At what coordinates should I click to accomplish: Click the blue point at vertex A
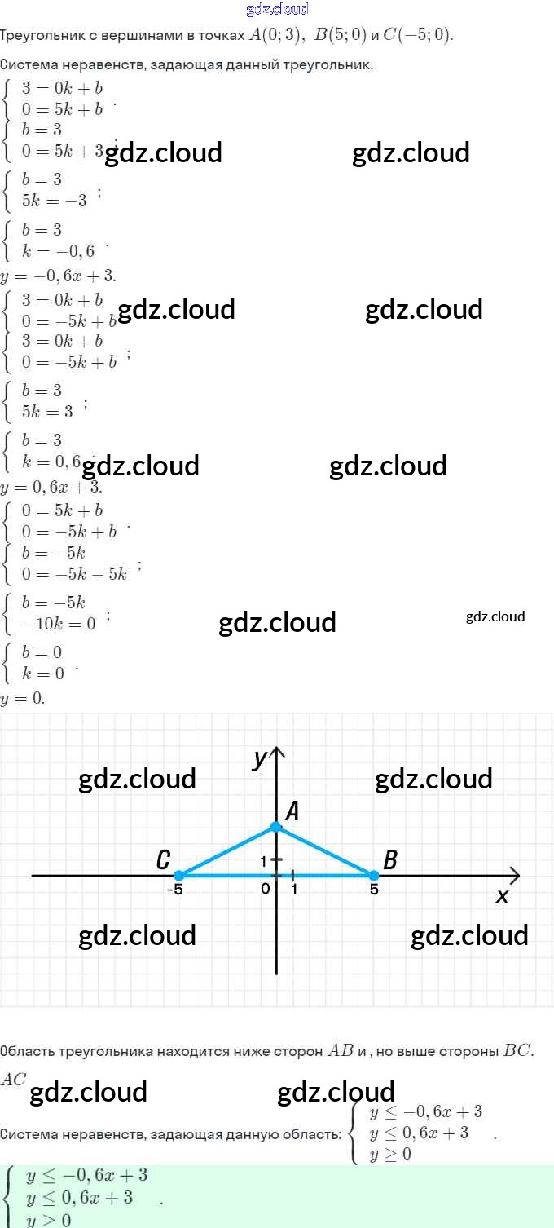(x=276, y=827)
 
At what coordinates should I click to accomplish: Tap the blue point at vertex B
(x=374, y=876)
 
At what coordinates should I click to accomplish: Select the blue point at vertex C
(x=179, y=876)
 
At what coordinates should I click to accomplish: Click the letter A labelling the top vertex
(x=292, y=811)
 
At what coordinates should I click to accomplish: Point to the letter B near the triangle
(x=390, y=859)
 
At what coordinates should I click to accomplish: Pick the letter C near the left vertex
(x=163, y=860)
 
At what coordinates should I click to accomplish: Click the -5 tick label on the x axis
(x=174, y=890)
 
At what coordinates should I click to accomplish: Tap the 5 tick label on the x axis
(x=374, y=890)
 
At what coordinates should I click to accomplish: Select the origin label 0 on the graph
(x=266, y=889)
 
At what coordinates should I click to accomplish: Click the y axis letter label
(x=260, y=759)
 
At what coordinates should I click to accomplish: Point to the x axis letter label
(x=502, y=896)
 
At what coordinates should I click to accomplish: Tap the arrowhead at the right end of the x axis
(x=514, y=876)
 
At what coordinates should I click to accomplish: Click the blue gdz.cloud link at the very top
(x=277, y=9)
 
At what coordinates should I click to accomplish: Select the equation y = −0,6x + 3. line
(x=59, y=276)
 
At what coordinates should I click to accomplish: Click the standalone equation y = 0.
(x=23, y=699)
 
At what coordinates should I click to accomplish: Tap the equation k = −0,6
(x=58, y=251)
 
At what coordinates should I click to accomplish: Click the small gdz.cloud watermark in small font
(x=495, y=616)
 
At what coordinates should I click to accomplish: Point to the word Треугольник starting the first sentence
(x=40, y=36)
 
